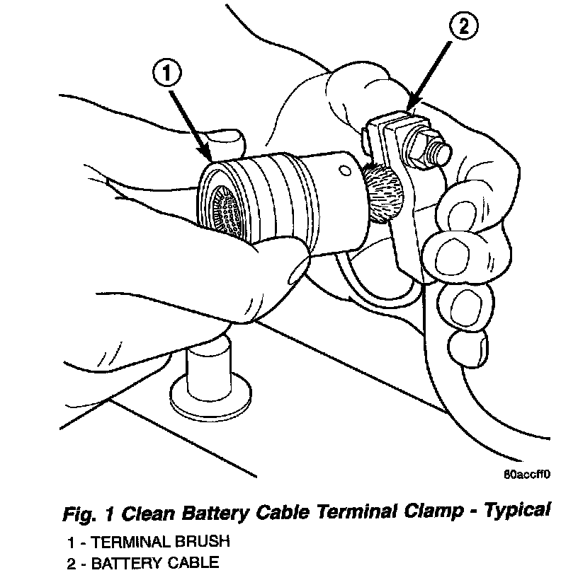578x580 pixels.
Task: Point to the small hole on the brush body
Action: (344, 170)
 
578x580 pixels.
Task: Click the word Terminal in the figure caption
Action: (348, 511)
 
